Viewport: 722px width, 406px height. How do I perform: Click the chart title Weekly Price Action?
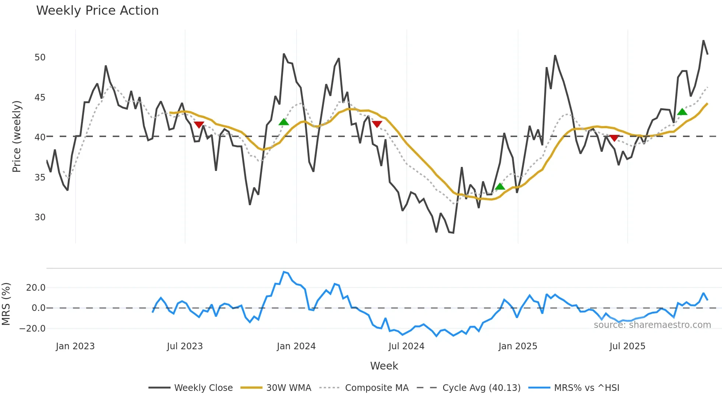[97, 11]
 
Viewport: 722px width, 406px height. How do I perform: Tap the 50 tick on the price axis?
[40, 57]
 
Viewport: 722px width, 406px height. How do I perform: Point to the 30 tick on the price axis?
[40, 217]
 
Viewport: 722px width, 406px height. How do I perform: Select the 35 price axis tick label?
[40, 178]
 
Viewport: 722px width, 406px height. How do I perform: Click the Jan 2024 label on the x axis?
[296, 346]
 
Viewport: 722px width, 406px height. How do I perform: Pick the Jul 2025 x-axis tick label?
[627, 346]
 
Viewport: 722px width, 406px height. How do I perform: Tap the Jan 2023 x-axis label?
[75, 346]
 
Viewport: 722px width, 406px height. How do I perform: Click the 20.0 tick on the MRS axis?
[36, 288]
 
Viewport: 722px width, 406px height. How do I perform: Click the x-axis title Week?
[384, 366]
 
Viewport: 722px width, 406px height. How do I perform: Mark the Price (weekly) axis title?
[17, 137]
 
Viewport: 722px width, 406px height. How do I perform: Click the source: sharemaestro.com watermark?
[652, 325]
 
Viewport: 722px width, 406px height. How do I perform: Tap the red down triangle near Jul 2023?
[199, 125]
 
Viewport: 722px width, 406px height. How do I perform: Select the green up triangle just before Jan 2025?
[500, 186]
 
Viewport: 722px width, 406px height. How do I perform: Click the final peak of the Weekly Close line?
[703, 41]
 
